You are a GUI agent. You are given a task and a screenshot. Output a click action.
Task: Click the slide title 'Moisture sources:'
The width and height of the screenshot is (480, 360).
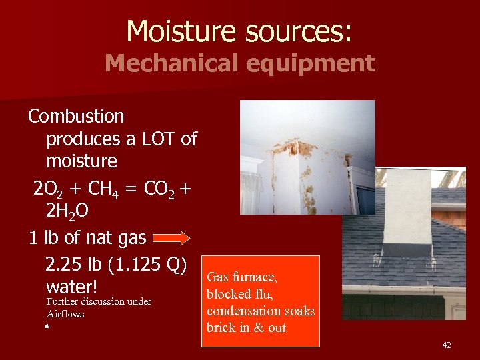click(x=240, y=31)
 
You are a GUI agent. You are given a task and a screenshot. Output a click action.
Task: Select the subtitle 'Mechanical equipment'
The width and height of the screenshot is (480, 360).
click(x=240, y=63)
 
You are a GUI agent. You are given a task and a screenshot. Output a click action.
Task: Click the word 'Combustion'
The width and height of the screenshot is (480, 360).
click(x=76, y=116)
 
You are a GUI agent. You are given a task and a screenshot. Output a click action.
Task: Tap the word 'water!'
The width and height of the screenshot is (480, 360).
click(x=72, y=287)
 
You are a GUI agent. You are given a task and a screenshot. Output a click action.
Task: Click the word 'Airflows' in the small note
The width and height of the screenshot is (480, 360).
click(x=65, y=314)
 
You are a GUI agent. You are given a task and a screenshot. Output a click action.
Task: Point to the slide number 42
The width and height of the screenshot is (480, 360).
click(x=446, y=345)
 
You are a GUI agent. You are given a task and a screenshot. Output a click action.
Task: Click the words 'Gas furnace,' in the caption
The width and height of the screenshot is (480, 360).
click(x=242, y=277)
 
